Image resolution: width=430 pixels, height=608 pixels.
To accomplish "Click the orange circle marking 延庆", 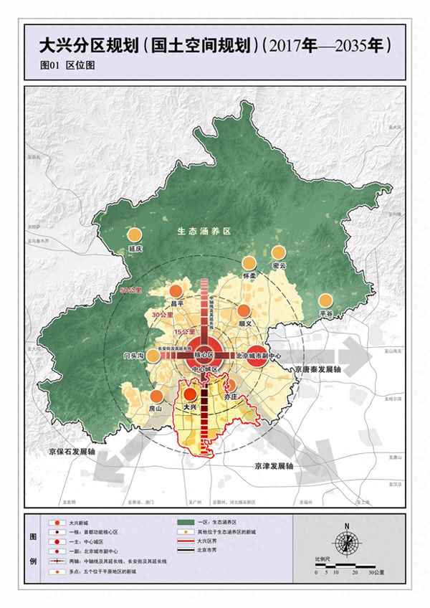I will (x=133, y=234).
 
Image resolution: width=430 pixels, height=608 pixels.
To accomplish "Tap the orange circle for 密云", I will (x=279, y=252).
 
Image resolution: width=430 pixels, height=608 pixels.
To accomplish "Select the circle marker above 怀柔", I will (x=249, y=263).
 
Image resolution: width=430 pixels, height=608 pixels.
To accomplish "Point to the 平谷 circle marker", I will (x=326, y=300).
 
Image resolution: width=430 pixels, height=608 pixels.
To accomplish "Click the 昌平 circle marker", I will (x=174, y=292).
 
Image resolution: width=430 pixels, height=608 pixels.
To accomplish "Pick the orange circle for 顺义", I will (x=244, y=310).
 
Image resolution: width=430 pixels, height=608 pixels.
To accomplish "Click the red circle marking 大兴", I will (x=190, y=394).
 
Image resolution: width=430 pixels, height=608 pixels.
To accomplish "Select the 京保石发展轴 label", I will (x=71, y=453).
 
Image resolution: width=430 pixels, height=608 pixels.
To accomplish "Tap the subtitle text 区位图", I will (x=80, y=65).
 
